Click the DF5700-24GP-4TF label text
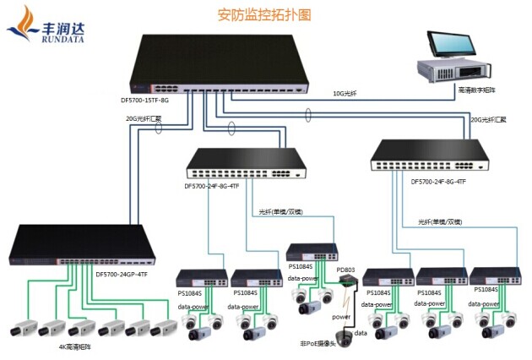[122, 274]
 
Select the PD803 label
[345, 270]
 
